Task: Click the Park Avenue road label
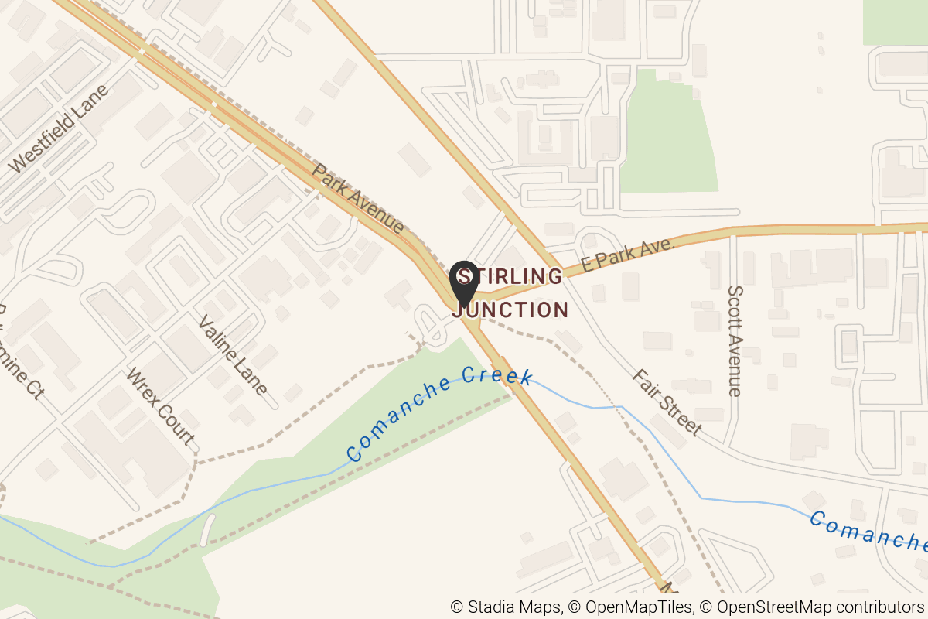tap(358, 198)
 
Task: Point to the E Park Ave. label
tap(628, 255)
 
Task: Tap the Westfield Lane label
tap(59, 128)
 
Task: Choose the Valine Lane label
tap(233, 355)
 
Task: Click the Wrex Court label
tap(160, 406)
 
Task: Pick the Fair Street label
tap(667, 402)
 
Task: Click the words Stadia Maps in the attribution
tap(506, 607)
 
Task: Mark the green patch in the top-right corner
tap(895, 22)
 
